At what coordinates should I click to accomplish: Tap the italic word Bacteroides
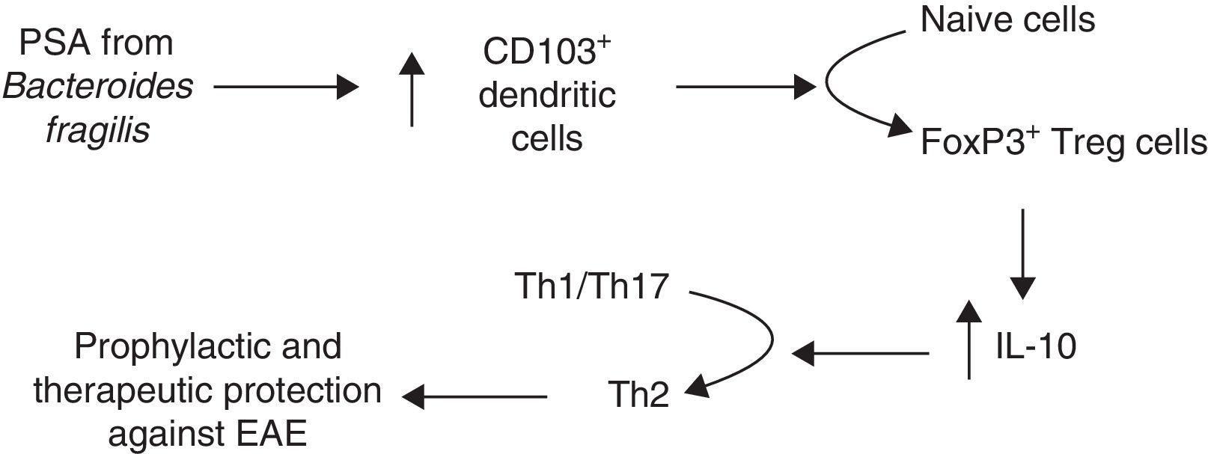98,88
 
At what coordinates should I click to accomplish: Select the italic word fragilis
98,131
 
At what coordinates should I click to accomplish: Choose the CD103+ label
546,52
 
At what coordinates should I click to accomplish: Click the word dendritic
547,95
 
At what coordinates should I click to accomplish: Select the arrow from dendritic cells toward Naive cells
745,87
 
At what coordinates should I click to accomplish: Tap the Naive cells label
1007,20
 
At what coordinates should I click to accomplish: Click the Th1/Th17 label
591,286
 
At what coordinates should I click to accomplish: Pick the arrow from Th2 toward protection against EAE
475,396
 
